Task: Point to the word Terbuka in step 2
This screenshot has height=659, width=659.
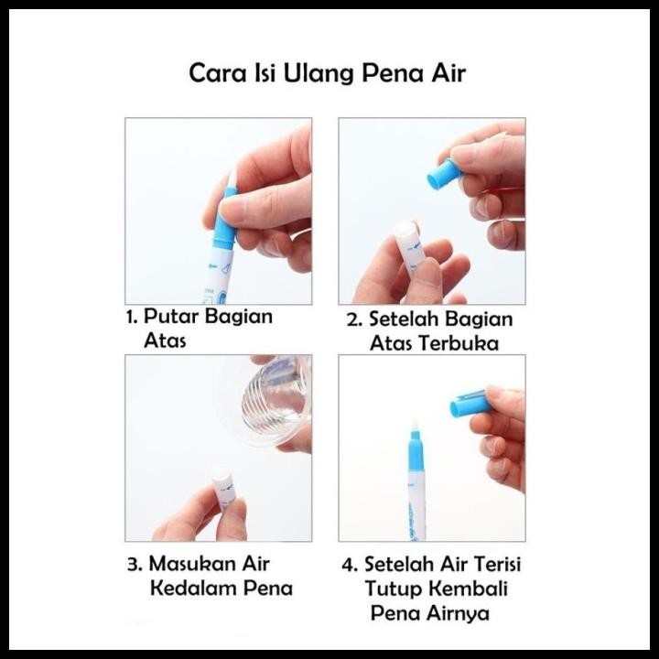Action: tap(459, 343)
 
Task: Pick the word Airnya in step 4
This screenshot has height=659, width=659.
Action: tap(459, 613)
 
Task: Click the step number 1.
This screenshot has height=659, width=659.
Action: tap(132, 318)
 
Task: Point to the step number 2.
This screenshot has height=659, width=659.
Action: tap(355, 319)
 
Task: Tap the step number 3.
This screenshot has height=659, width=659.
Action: tap(135, 565)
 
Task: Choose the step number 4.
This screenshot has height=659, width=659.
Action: tap(350, 565)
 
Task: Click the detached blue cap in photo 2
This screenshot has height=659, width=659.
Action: tap(444, 173)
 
